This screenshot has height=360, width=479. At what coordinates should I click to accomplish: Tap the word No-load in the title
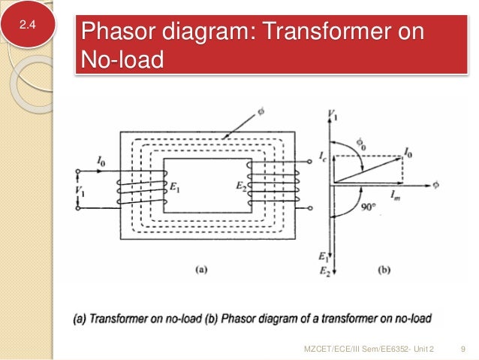[122, 59]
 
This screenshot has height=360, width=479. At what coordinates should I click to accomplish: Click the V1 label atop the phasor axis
[333, 114]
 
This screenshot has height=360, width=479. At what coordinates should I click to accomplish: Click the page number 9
[460, 347]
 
